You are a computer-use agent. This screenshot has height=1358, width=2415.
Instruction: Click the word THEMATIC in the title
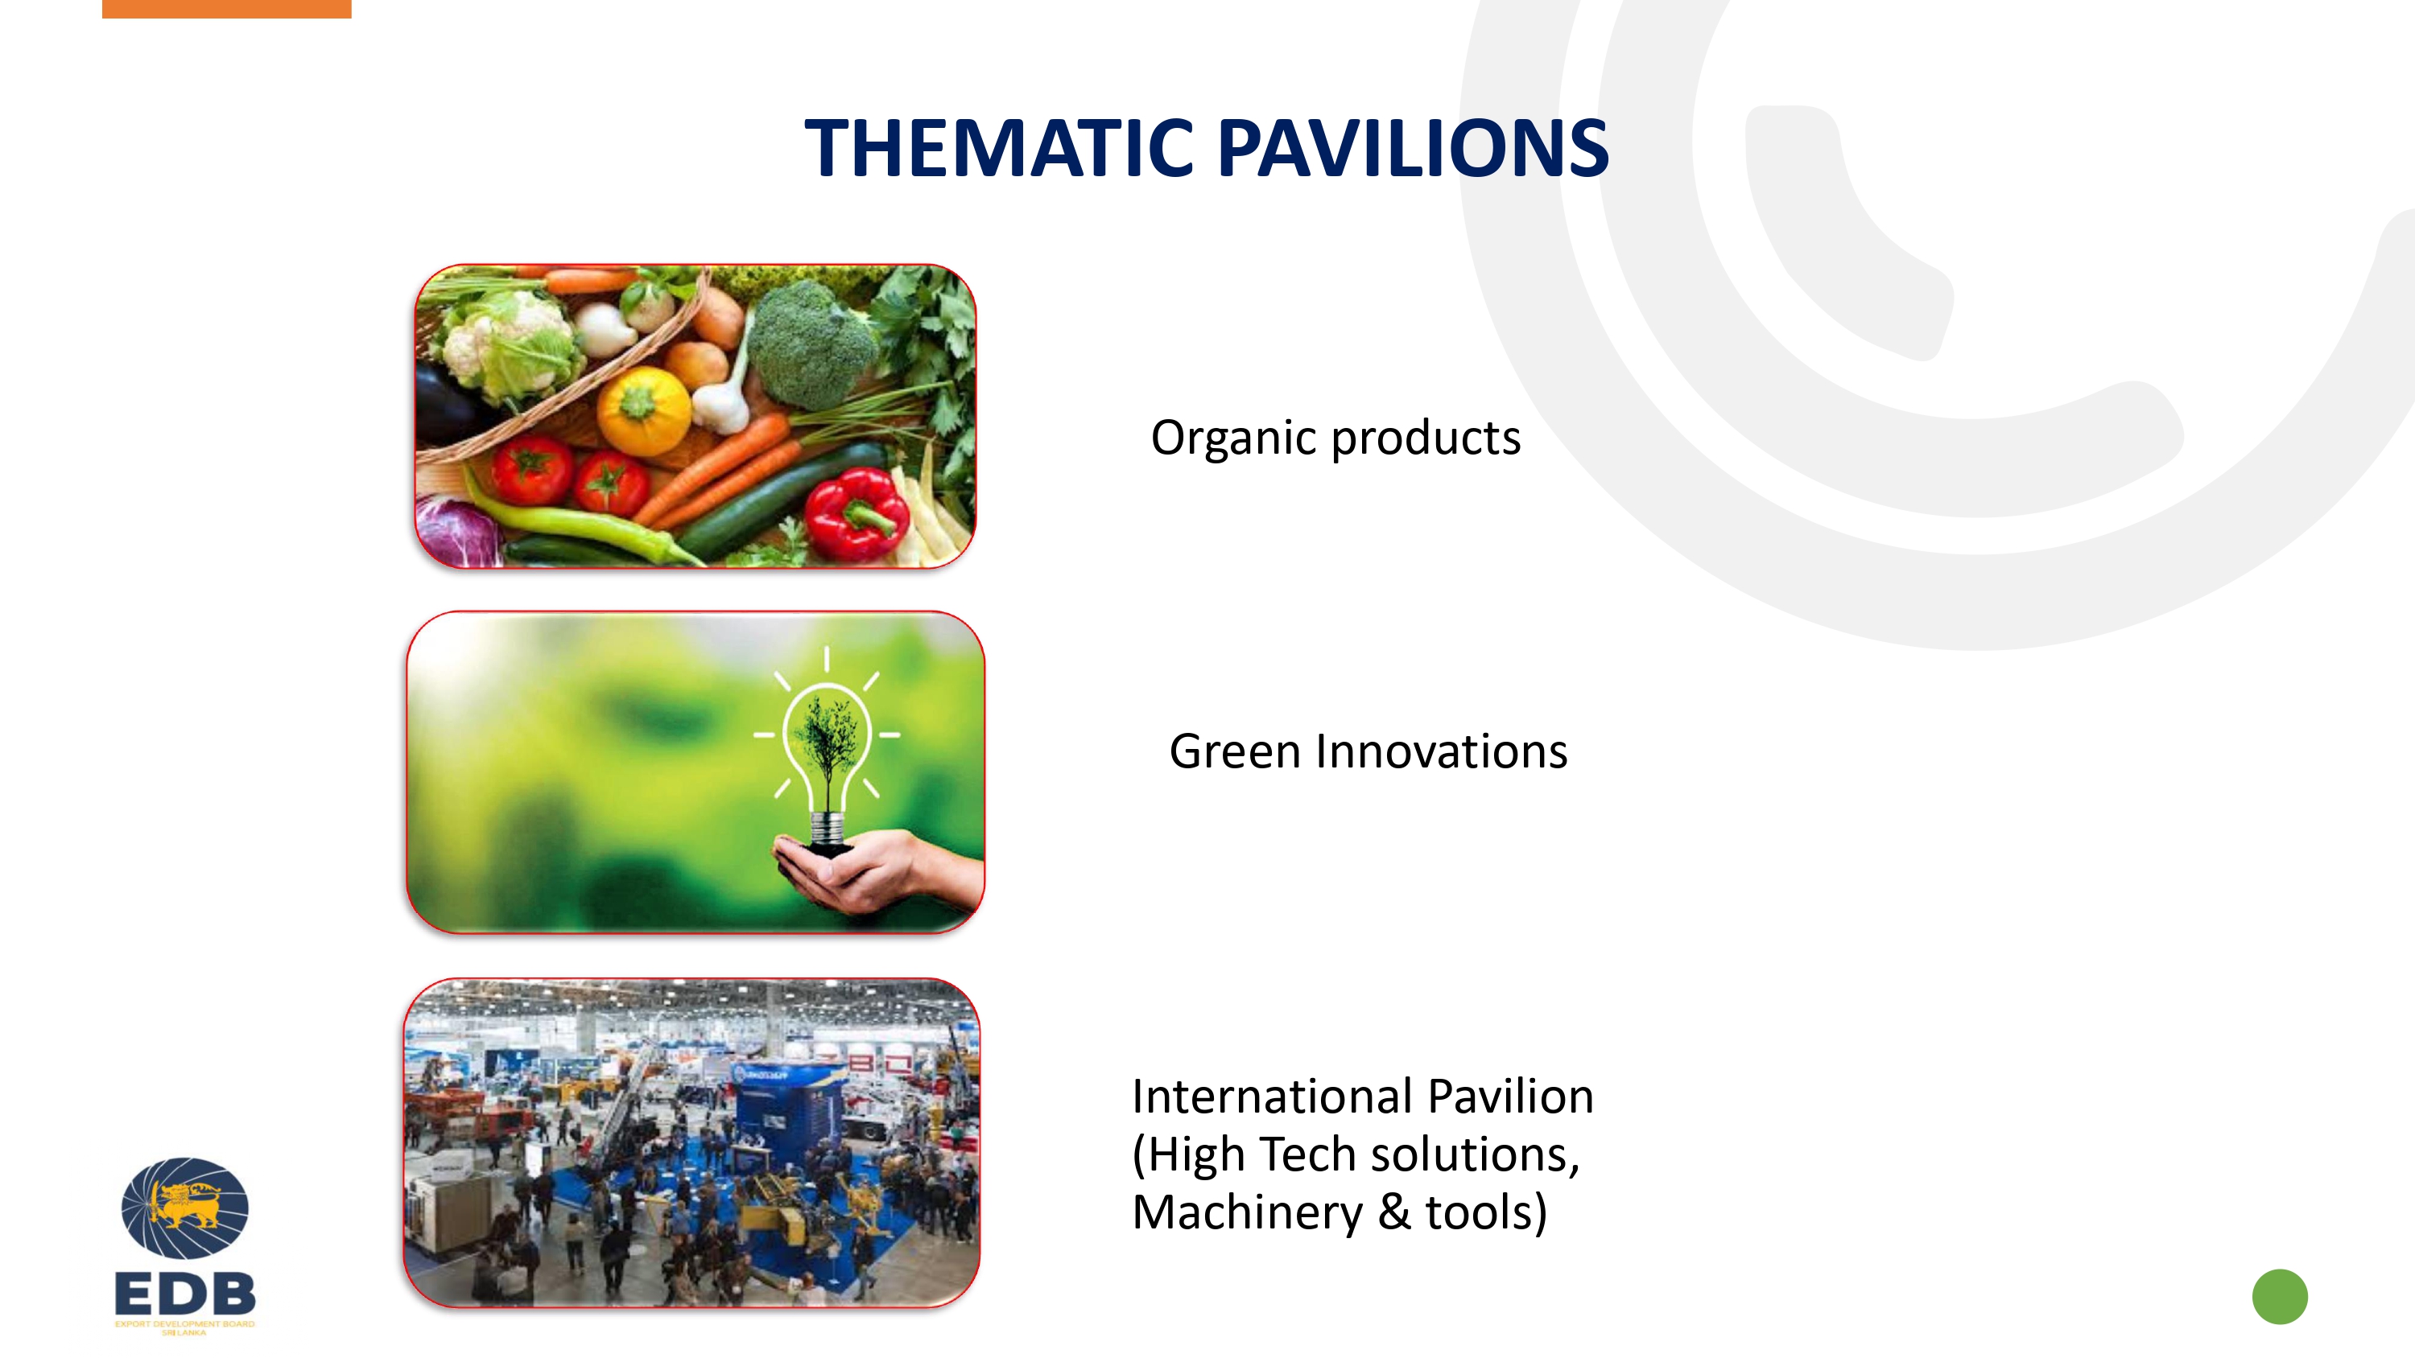[x=999, y=147]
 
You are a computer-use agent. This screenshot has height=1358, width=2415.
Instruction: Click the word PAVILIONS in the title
[x=1414, y=147]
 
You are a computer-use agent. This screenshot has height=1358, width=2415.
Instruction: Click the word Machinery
[x=1247, y=1212]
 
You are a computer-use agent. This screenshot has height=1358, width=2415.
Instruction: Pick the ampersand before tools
[x=1393, y=1212]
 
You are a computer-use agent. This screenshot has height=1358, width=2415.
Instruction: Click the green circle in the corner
[x=2279, y=1296]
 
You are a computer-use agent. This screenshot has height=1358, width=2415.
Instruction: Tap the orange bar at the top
[x=227, y=8]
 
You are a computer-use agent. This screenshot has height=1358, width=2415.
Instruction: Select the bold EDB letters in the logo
[x=184, y=1294]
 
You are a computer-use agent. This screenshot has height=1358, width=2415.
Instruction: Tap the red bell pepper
[x=856, y=513]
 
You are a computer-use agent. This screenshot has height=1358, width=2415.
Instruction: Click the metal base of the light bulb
[x=826, y=829]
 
